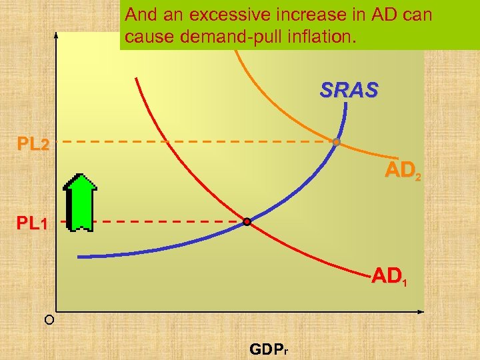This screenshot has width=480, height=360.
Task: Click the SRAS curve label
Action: click(349, 90)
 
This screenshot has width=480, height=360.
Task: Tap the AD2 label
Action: click(403, 171)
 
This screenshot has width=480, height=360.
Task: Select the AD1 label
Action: click(388, 275)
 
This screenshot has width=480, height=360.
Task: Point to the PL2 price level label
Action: click(33, 144)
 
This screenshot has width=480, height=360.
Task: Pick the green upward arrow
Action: click(82, 202)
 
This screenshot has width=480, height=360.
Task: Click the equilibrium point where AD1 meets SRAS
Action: click(247, 222)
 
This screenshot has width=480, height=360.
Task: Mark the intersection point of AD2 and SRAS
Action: click(337, 142)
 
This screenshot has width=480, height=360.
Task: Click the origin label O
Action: click(49, 321)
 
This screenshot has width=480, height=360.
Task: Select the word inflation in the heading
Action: click(319, 37)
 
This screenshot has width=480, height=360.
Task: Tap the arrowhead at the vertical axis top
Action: click(57, 35)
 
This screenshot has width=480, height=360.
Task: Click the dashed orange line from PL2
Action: click(193, 142)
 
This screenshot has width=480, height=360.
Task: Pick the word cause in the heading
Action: click(150, 37)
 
